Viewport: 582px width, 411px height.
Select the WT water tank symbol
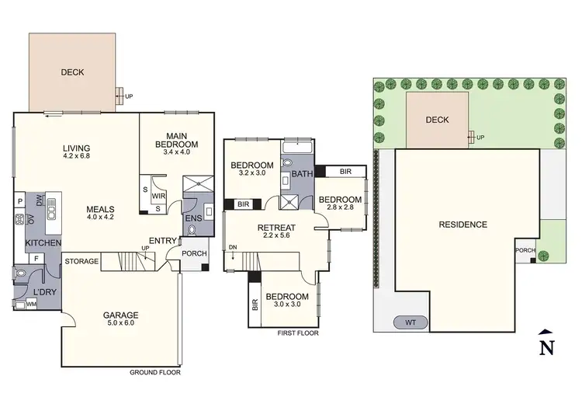point(411,321)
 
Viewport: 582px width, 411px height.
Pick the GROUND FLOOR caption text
point(155,372)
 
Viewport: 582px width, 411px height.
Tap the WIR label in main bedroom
point(159,197)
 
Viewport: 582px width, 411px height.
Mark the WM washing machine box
point(31,304)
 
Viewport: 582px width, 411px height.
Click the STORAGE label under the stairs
point(81,261)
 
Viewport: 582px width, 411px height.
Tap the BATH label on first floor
point(302,174)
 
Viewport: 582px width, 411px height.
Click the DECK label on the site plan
point(438,120)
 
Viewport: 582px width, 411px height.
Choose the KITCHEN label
point(43,243)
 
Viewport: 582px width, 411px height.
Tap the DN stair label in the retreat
point(234,248)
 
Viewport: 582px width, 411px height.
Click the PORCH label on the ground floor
point(193,253)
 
